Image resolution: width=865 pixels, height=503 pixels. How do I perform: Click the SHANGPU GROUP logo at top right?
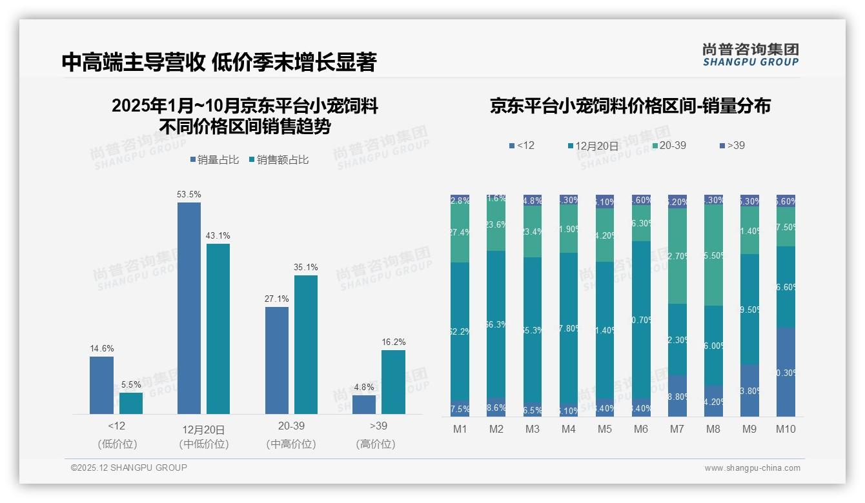pos(750,55)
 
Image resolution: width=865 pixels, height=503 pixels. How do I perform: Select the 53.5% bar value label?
pos(188,194)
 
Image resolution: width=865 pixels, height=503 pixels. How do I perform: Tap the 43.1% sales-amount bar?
pos(218,328)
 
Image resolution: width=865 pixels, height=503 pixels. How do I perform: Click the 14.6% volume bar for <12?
pos(101,385)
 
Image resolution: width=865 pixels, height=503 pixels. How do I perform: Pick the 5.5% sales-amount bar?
pos(131,403)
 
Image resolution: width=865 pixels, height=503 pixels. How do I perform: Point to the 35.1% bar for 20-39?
pos(306,344)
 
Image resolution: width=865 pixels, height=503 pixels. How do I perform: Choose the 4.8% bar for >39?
pos(364,404)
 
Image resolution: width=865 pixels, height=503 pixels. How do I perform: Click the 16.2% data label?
pos(393,342)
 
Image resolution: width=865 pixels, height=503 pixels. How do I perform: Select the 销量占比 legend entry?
pos(218,160)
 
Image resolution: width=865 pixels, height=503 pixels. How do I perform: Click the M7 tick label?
pos(677,429)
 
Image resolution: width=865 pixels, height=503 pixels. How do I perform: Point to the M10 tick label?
pos(786,429)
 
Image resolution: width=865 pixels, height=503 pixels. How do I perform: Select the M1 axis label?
pos(460,429)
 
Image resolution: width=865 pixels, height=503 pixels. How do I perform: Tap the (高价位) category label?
pos(375,444)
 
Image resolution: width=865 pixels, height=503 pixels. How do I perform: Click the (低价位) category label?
pos(117,444)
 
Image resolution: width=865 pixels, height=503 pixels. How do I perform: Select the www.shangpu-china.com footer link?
pos(752,468)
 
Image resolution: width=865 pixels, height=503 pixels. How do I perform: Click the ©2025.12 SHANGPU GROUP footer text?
pos(129,468)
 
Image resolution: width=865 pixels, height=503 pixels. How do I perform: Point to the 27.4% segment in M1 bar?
pos(460,233)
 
